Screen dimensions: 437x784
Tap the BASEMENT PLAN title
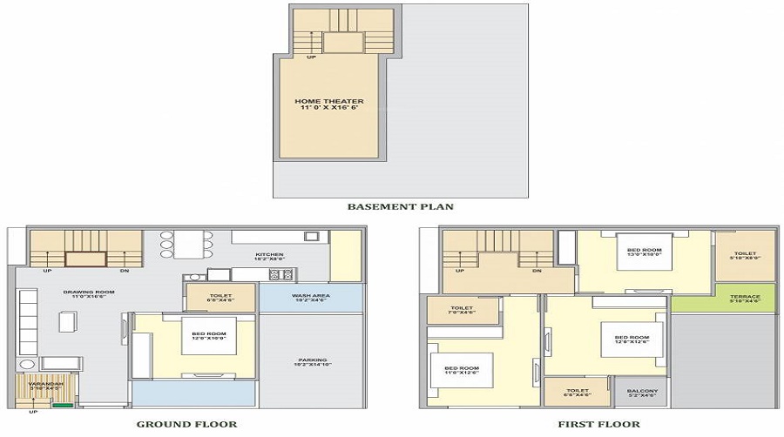tap(400, 206)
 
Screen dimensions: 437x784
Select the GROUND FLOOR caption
tap(186, 424)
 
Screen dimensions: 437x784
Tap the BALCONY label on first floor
tap(642, 393)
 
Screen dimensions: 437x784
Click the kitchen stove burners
tap(280, 274)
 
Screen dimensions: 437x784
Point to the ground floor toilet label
tap(220, 298)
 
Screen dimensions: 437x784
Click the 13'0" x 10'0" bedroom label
tap(645, 252)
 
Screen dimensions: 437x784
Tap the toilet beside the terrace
tap(746, 256)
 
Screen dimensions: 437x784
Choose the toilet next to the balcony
tap(578, 393)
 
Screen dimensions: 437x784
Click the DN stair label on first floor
tap(537, 271)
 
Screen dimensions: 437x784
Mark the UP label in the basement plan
tap(311, 57)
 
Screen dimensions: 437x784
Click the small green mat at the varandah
tap(63, 404)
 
